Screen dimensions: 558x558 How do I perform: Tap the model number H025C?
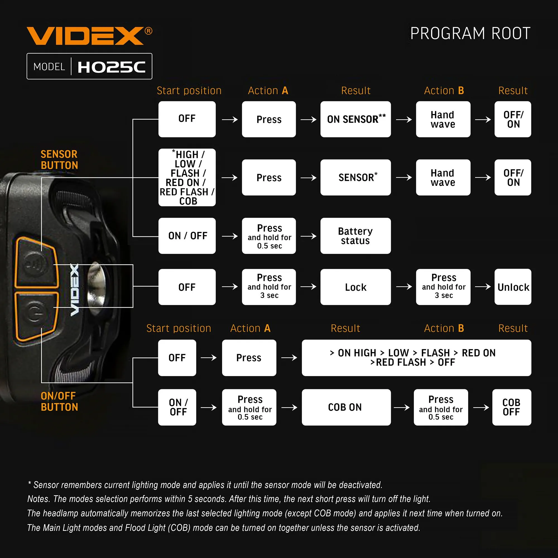pos(112,67)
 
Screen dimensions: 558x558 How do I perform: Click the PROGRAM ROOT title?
pos(470,33)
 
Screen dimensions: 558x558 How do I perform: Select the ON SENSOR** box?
pos(355,119)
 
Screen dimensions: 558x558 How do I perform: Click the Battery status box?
pos(355,236)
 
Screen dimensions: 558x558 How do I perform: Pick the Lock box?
pos(355,287)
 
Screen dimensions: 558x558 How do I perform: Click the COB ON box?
pos(346,407)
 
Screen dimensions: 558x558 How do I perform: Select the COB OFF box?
pos(511,407)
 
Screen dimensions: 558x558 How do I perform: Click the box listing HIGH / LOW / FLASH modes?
pos(187,177)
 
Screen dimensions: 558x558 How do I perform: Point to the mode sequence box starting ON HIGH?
pos(417,358)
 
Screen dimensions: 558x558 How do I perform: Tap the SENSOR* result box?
pos(355,177)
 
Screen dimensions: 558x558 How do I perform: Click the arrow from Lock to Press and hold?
pos(404,287)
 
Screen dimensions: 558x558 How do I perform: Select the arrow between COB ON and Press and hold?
pos(402,408)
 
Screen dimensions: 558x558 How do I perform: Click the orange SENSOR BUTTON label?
pos(59,160)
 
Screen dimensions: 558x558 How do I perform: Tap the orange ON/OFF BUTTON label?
pos(59,401)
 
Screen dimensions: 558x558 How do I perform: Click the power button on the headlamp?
pos(35,312)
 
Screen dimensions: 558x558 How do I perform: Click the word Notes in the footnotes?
pos(39,499)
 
